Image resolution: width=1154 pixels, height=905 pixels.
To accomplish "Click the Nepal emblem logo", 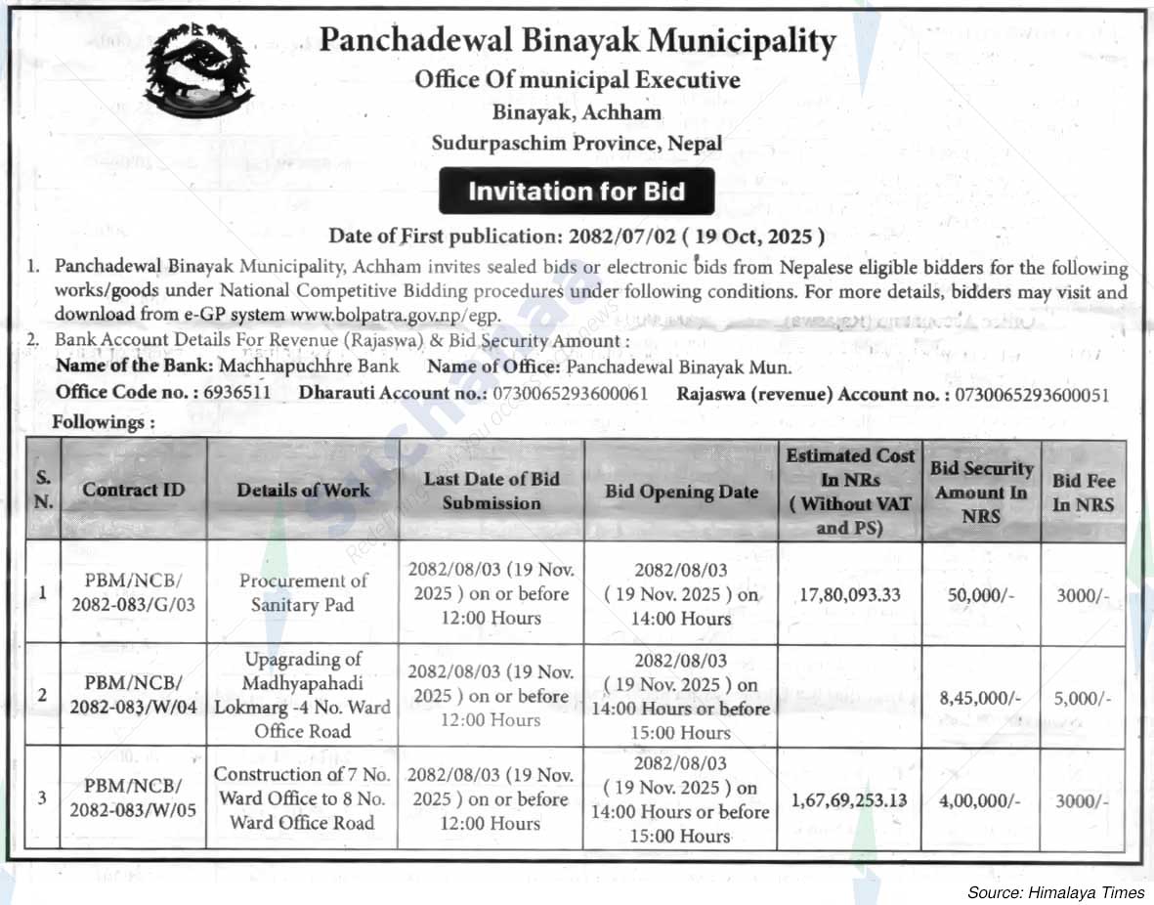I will [x=198, y=71].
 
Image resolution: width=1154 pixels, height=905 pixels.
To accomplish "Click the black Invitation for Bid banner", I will [x=577, y=192].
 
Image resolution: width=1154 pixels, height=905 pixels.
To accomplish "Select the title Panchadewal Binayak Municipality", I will [x=577, y=42].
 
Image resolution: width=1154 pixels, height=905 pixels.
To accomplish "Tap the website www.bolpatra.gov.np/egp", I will [x=395, y=315].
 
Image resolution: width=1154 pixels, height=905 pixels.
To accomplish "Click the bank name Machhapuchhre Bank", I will [x=310, y=366].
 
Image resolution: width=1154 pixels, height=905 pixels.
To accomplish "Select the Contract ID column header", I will [x=134, y=490].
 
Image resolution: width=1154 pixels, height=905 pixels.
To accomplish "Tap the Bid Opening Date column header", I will [x=681, y=492].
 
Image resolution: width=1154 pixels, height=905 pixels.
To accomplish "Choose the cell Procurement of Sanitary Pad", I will [x=303, y=592].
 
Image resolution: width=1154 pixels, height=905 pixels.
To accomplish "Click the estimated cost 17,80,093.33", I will [x=849, y=594].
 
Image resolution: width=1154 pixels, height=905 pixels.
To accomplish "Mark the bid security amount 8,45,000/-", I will [x=980, y=698].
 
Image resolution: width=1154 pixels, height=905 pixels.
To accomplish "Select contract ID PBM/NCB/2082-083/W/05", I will [x=134, y=797].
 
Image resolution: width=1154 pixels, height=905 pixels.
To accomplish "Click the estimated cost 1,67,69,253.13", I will [x=849, y=800].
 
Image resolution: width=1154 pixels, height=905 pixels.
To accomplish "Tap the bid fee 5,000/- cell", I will [x=1083, y=698].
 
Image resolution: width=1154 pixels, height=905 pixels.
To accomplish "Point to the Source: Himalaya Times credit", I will [x=1055, y=892].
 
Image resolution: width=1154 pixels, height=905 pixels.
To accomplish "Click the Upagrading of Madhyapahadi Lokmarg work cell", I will [x=303, y=695].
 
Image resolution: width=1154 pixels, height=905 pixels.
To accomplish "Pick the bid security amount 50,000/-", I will [x=980, y=594].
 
